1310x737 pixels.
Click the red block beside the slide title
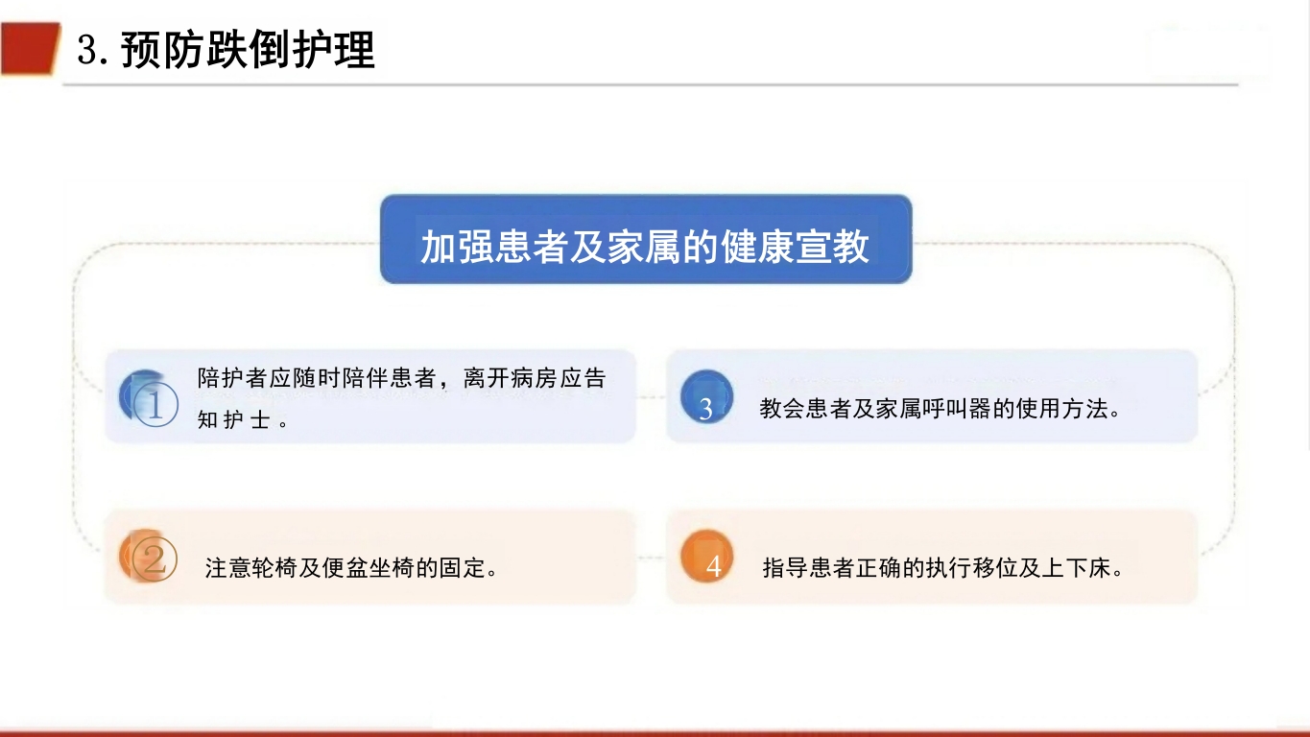29,48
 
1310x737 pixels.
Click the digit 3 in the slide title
87,50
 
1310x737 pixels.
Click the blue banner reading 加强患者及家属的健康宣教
645,240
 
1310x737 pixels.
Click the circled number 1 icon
150,399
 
